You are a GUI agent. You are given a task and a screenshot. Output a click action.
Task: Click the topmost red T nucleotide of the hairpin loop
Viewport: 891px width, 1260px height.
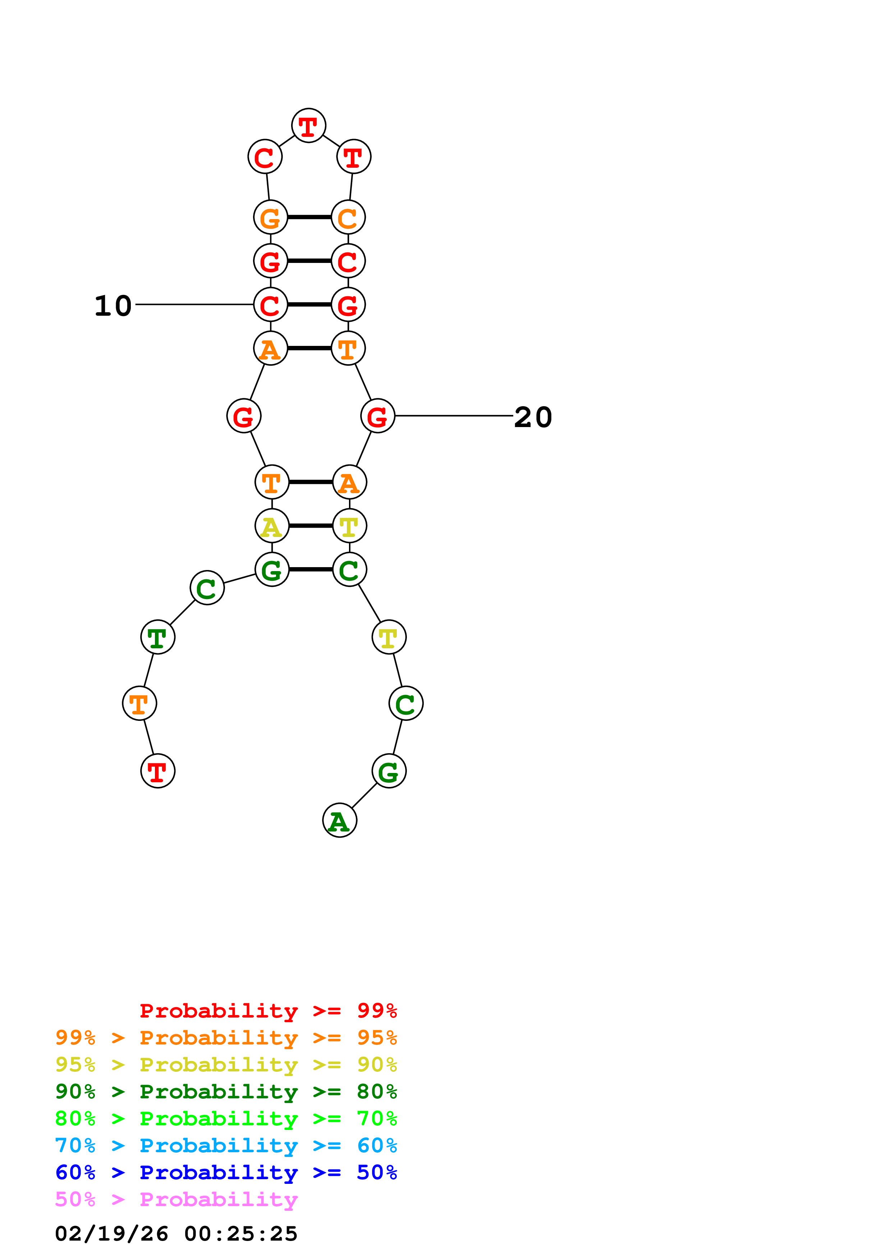(308, 126)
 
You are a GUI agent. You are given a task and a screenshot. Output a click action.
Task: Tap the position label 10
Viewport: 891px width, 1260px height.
(113, 306)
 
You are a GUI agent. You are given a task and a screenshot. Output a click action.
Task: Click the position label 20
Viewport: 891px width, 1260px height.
(533, 417)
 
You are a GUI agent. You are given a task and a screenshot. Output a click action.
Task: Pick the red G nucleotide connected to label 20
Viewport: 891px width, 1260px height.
(378, 417)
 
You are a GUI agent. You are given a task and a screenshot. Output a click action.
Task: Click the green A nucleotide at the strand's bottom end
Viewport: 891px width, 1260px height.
(339, 821)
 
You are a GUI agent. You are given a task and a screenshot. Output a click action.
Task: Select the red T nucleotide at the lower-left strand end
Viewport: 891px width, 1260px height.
(157, 771)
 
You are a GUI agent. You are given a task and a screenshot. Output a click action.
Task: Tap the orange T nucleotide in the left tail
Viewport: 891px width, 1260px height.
(139, 704)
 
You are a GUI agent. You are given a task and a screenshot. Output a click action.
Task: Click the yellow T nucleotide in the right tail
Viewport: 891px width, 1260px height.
(389, 638)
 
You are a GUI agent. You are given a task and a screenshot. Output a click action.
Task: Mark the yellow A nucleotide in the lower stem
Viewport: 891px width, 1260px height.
(272, 526)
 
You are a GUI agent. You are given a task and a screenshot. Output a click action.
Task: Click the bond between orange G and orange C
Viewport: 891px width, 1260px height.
(309, 217)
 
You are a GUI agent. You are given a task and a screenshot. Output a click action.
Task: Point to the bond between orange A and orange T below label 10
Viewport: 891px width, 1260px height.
(309, 348)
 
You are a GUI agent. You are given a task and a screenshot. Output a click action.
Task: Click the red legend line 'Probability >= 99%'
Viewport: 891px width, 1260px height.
(268, 1010)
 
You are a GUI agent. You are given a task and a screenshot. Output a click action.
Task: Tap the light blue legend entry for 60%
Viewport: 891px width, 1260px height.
(226, 1145)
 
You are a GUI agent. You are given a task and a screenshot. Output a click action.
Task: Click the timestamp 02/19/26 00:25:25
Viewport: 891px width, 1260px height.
(176, 1234)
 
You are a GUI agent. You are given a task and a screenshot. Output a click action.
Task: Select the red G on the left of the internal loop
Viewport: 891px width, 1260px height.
(244, 417)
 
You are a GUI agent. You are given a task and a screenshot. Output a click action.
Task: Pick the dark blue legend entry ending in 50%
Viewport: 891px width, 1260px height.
(226, 1172)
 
